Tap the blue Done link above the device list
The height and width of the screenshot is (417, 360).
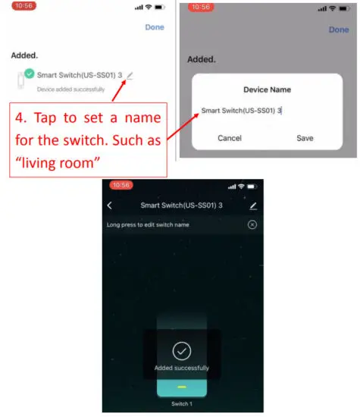click(155, 27)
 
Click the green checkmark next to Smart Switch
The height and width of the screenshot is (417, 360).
click(28, 74)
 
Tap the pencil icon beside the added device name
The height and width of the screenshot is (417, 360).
click(130, 74)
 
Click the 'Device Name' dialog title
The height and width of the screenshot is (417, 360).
click(266, 89)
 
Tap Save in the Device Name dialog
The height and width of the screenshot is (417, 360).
click(305, 138)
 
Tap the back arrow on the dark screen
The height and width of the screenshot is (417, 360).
click(109, 205)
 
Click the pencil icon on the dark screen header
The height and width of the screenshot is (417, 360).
click(253, 205)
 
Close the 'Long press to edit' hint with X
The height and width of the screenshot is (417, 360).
click(252, 225)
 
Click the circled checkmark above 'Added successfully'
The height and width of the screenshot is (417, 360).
click(182, 351)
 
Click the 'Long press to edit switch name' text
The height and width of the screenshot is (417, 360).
click(148, 225)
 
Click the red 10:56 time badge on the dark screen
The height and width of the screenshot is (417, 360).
click(121, 186)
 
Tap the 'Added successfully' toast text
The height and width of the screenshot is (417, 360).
click(182, 368)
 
